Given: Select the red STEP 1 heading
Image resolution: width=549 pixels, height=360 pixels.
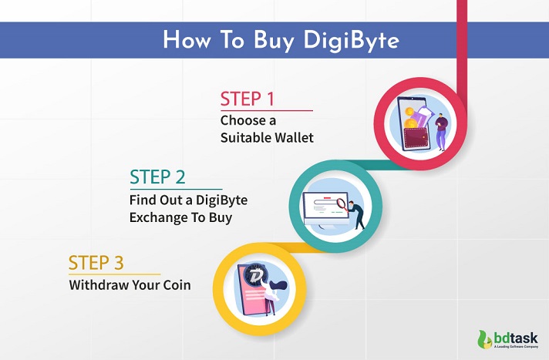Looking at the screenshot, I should coord(248,99).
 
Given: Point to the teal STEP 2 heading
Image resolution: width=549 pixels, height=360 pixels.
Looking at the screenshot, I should coord(157,177).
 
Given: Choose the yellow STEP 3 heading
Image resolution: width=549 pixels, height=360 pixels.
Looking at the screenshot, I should coord(96,262).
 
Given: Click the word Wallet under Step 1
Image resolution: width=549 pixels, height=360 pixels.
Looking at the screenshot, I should coord(291,139).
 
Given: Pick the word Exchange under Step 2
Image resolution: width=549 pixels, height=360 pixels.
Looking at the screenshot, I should coord(160,217).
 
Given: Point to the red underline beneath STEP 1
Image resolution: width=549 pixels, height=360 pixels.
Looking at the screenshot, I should coord(266,111).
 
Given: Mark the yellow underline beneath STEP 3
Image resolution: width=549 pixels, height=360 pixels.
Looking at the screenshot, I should coord(114,274).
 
